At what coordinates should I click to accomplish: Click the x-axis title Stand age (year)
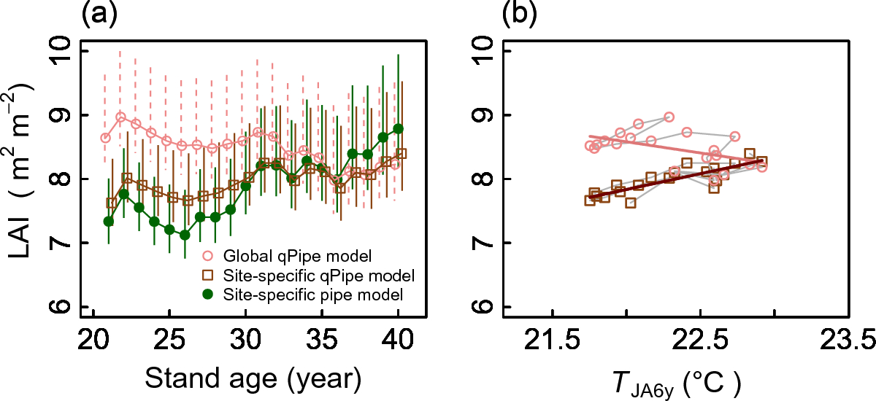(252, 378)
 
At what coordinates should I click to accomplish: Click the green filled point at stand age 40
(399, 128)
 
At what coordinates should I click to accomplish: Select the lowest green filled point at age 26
(185, 235)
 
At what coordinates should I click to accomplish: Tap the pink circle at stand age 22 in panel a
(121, 117)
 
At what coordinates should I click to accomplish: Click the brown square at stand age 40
(401, 153)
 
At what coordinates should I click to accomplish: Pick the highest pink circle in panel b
(669, 117)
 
